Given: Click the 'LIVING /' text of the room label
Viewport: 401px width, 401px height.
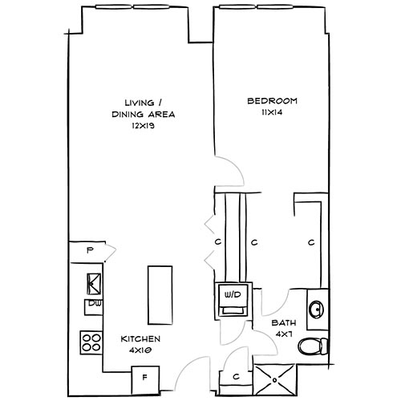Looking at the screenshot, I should (144, 103).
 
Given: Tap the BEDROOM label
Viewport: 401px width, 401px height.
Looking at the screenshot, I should (272, 101).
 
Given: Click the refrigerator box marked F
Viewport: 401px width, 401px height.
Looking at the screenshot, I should (144, 375).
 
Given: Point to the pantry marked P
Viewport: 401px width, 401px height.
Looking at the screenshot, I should (90, 251).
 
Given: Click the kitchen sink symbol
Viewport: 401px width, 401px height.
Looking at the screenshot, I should (93, 282).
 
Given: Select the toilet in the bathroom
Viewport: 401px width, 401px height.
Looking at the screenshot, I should (312, 346).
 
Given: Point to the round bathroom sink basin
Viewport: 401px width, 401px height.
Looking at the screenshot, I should (316, 307).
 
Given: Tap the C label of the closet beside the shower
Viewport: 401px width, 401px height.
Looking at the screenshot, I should (236, 375).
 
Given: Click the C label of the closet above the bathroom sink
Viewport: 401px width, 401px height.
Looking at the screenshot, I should (310, 241).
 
